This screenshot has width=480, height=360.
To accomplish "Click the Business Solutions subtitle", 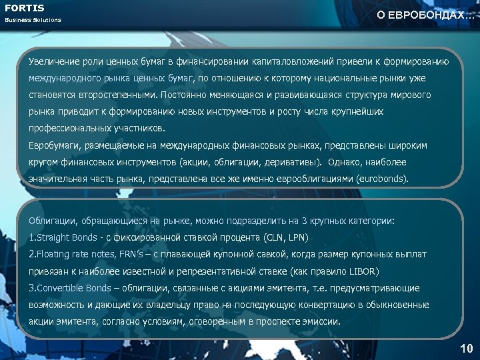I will click(x=33, y=20).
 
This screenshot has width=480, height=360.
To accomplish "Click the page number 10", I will click(x=466, y=348).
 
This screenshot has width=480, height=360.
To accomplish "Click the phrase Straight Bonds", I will click(x=65, y=237).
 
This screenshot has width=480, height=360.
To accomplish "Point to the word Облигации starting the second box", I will click(x=51, y=219).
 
